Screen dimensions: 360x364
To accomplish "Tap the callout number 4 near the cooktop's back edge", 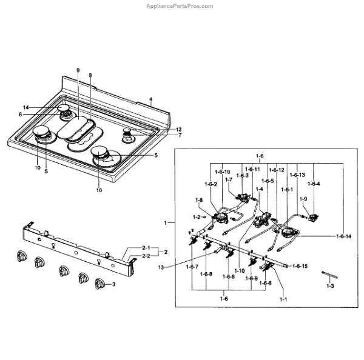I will pyautogui.click(x=151, y=98).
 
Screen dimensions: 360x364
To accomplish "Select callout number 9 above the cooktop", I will pyautogui.click(x=78, y=71).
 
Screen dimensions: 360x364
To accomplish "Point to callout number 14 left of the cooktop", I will pyautogui.click(x=43, y=107).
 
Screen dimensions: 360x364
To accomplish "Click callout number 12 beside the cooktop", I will pyautogui.click(x=179, y=129).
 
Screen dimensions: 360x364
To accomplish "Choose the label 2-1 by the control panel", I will pyautogui.click(x=146, y=248).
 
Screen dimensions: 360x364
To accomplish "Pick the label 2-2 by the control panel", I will pyautogui.click(x=146, y=256).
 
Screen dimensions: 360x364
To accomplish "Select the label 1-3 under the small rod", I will pyautogui.click(x=330, y=285).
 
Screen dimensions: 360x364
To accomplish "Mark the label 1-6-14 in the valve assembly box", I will pyautogui.click(x=344, y=236).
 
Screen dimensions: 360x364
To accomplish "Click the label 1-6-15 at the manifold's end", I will pyautogui.click(x=300, y=266).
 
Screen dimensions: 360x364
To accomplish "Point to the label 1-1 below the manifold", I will pyautogui.click(x=283, y=299).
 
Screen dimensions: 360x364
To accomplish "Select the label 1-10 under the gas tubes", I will pyautogui.click(x=238, y=270).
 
